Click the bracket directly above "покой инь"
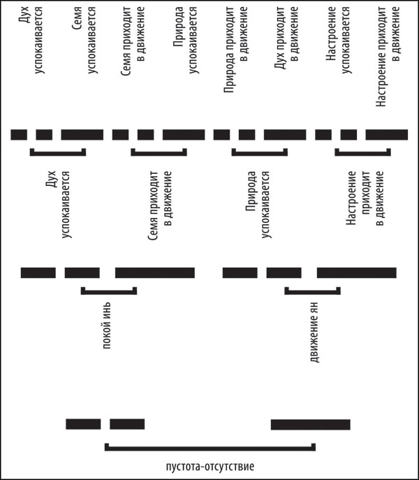coord(108,290)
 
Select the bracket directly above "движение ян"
coord(312,290)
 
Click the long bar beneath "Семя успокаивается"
coord(82,135)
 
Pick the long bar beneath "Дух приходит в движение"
coord(284,135)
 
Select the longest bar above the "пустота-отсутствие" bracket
coord(310,424)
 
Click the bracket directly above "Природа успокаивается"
coord(259,152)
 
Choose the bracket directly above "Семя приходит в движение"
coord(159,152)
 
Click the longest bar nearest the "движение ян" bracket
coord(356,272)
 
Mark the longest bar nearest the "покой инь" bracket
coord(154,272)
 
